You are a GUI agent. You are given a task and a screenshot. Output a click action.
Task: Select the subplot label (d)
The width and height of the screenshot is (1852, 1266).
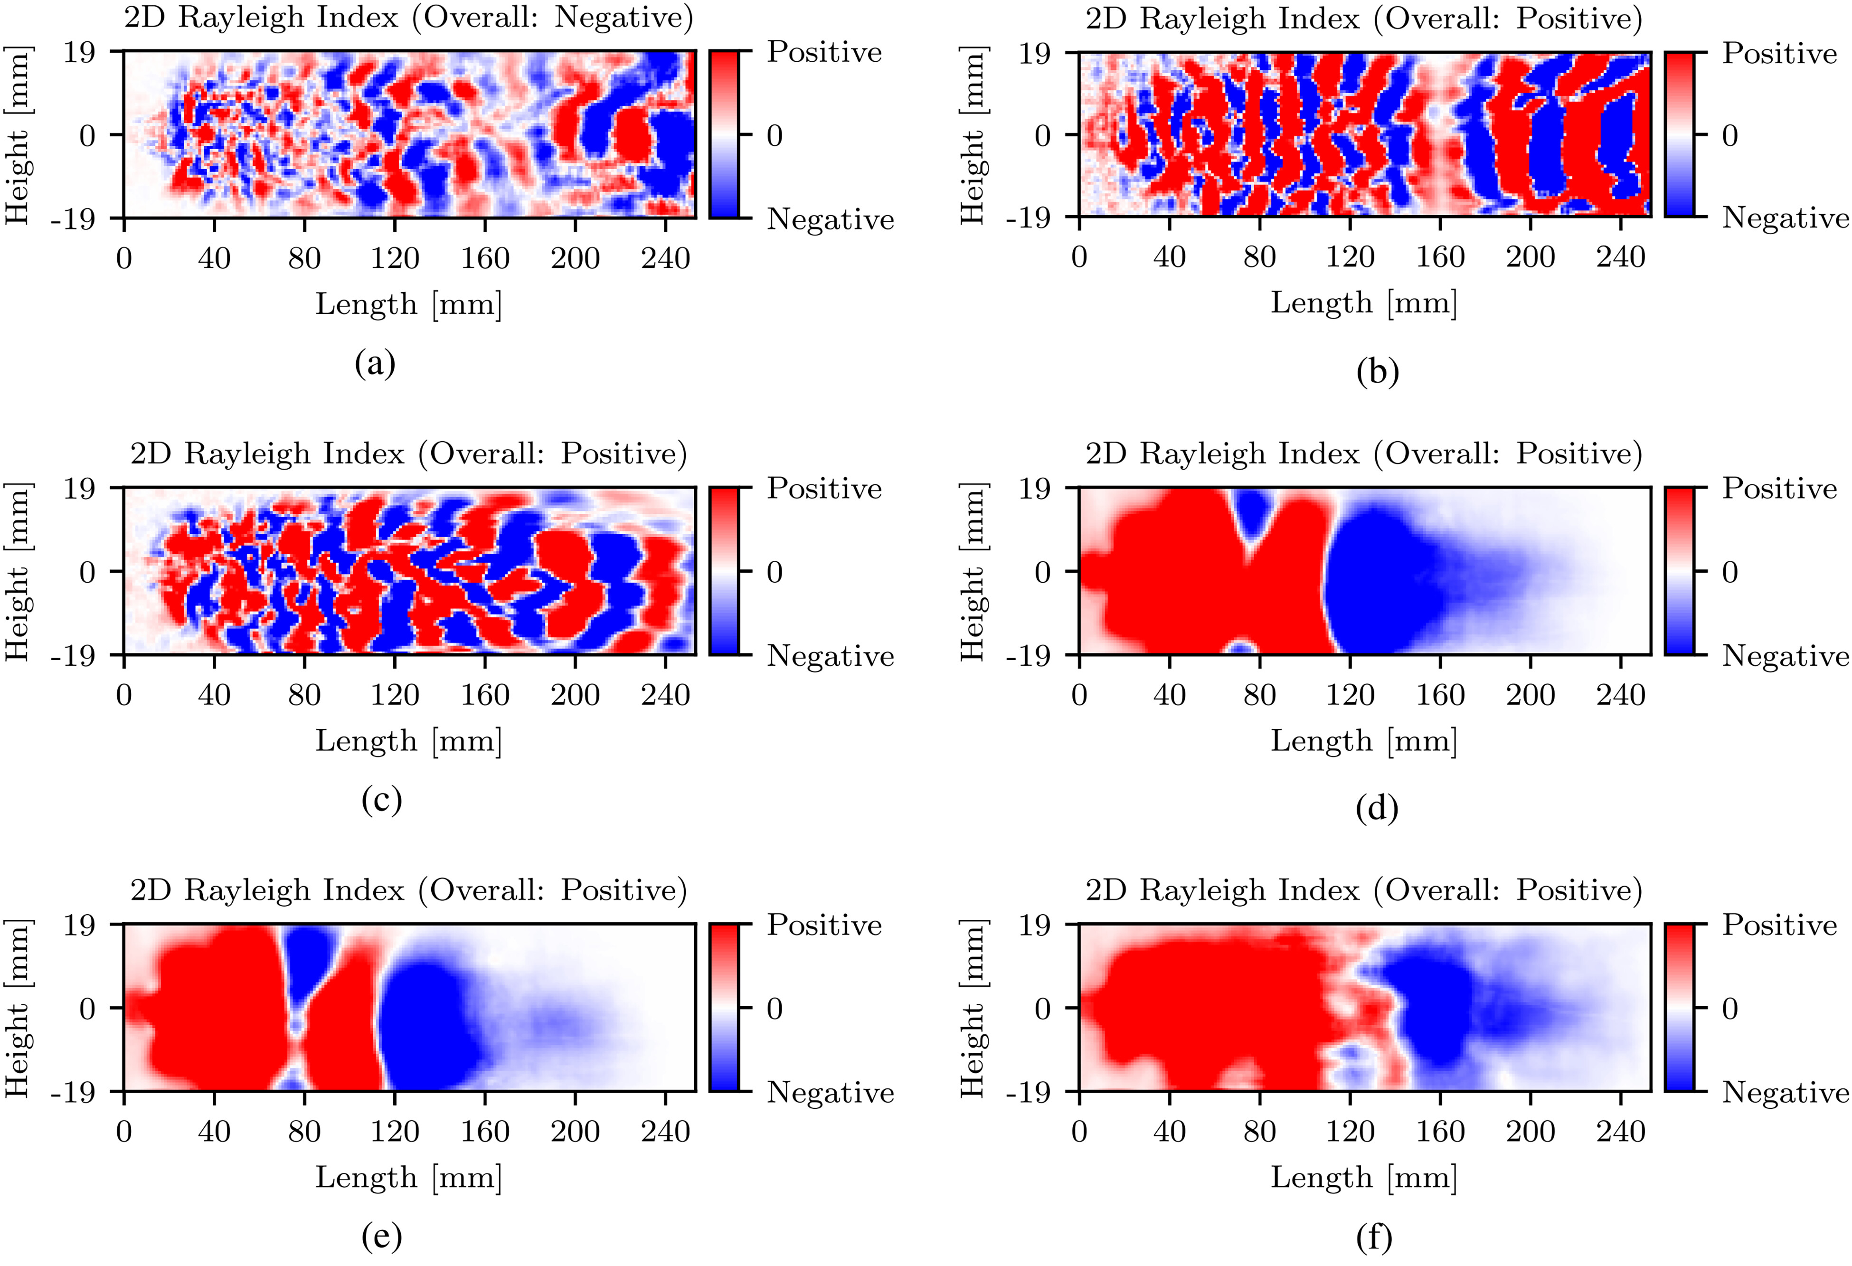click(1376, 809)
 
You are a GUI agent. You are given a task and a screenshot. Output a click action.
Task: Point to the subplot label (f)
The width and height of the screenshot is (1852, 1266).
click(1374, 1238)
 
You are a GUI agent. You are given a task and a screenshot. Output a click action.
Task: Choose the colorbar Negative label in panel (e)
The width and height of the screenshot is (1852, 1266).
click(830, 1092)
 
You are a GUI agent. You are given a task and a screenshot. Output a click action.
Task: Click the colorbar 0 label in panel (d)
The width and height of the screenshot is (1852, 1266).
click(1729, 572)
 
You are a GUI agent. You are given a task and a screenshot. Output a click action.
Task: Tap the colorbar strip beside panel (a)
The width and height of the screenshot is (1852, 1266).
click(724, 135)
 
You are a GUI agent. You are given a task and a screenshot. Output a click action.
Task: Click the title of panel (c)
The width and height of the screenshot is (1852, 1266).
click(408, 453)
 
